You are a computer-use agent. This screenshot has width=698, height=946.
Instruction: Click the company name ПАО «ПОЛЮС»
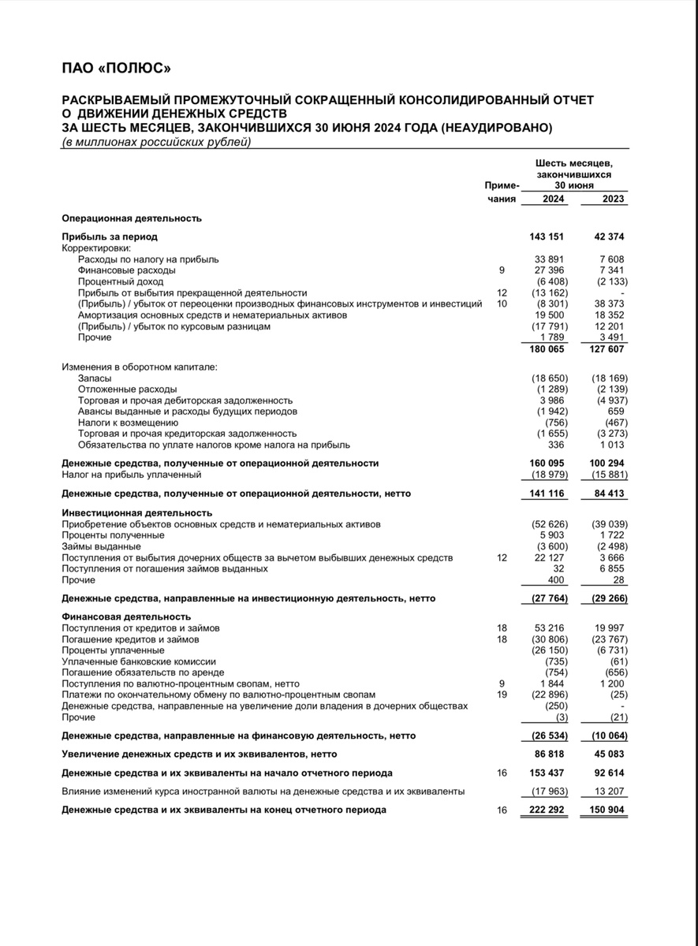116,69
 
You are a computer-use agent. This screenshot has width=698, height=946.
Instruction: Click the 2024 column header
554,199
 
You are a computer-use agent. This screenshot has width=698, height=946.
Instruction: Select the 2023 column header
612,199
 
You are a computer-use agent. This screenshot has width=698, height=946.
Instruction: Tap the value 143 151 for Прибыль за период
549,236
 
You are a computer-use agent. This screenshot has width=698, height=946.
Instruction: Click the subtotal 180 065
549,349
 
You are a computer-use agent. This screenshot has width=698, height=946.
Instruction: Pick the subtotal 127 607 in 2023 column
608,349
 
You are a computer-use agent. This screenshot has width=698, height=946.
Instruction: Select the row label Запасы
95,378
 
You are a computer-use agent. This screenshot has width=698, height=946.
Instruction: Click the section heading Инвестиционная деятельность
126,513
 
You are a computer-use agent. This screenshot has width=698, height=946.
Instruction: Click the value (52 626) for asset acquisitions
551,524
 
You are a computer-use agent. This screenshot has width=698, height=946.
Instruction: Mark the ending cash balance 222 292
549,810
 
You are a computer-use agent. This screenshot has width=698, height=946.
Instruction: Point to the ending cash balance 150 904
608,810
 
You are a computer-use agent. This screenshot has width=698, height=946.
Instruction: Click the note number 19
502,695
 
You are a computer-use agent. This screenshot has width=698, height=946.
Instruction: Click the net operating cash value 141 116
549,493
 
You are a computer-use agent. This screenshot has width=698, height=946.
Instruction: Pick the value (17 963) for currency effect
551,791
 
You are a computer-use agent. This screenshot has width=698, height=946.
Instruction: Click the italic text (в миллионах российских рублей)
156,142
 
